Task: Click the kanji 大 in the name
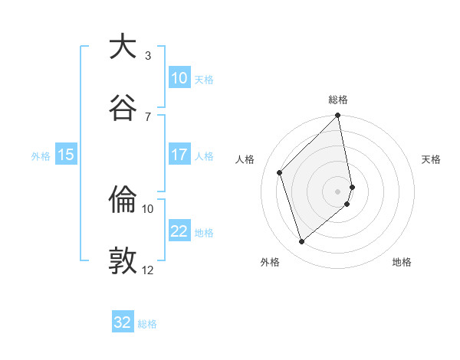click(123, 47)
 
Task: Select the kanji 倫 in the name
click(123, 201)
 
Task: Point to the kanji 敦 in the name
click(123, 261)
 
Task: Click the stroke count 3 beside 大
click(148, 55)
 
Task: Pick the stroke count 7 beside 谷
click(148, 116)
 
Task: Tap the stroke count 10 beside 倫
click(148, 208)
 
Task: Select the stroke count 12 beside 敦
click(148, 270)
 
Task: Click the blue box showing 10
click(179, 78)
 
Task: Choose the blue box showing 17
click(179, 155)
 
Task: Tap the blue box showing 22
click(179, 231)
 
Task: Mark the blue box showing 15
click(66, 155)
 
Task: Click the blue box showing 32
click(123, 322)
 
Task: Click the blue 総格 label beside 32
click(147, 324)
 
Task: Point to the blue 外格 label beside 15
click(41, 156)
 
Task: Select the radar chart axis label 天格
click(431, 160)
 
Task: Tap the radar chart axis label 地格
click(402, 262)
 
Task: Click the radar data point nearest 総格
click(337, 116)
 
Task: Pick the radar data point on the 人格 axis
click(280, 172)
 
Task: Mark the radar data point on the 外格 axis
click(301, 241)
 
